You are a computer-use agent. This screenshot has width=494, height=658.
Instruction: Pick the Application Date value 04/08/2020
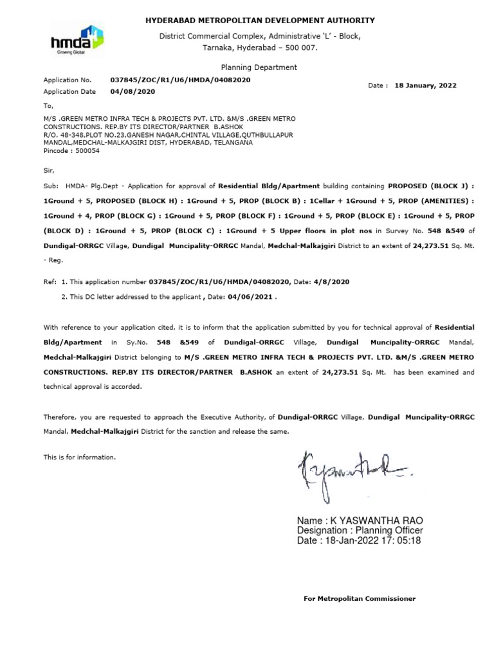[x=133, y=91]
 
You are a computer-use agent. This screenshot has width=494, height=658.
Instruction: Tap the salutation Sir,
[x=49, y=170]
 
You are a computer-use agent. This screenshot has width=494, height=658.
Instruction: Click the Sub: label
[x=51, y=186]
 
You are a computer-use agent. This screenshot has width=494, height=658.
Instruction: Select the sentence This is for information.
[x=80, y=457]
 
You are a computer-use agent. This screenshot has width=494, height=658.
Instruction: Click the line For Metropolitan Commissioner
[x=359, y=599]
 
